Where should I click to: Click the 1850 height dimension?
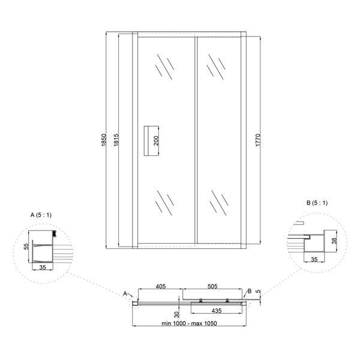point(104,140)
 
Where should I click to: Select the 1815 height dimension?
point(116,140)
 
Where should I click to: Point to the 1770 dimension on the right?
point(258,140)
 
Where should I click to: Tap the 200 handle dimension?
point(156,140)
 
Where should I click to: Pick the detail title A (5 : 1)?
point(41,215)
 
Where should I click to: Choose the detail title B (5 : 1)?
point(317,203)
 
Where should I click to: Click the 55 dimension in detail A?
point(27,247)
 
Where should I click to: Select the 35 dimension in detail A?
point(43,267)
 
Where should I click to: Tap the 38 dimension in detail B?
point(335,241)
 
